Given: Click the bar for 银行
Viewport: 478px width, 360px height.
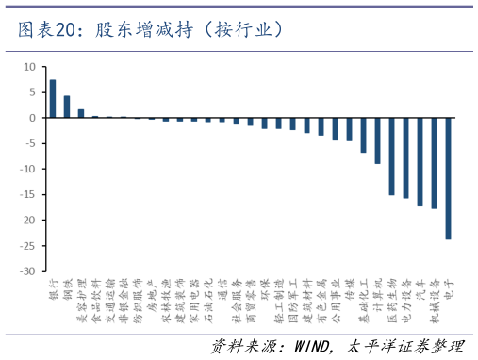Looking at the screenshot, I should click(53, 99).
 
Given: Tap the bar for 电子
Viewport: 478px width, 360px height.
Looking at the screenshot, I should click(449, 178).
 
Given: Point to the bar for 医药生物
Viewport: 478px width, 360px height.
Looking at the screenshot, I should click(392, 156).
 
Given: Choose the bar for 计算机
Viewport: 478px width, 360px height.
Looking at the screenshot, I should click(378, 140).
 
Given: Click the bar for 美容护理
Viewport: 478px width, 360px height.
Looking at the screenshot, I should click(81, 113).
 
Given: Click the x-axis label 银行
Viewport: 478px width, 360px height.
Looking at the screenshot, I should click(54, 287).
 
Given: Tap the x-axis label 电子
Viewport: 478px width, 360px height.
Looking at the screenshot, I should click(449, 287).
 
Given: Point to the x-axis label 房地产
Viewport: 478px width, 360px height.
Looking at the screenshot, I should click(152, 291).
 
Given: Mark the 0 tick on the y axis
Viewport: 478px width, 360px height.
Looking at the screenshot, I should click(31, 118).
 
